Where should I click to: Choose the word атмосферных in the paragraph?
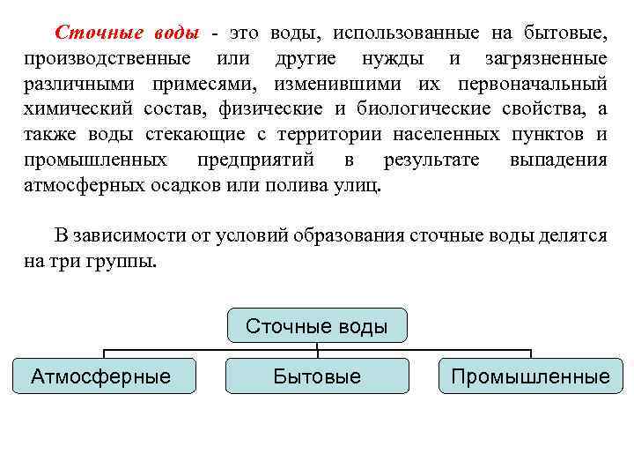(x=87, y=186)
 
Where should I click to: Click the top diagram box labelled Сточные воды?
(x=317, y=326)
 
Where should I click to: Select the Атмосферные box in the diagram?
(x=101, y=376)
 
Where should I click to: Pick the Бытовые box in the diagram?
(x=317, y=376)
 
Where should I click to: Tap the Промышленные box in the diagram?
(x=530, y=376)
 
